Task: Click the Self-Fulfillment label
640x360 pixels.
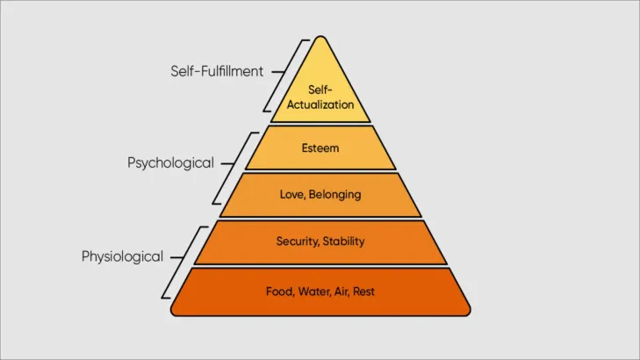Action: point(217,71)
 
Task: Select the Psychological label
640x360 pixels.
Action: point(170,162)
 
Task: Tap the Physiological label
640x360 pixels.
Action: point(122,257)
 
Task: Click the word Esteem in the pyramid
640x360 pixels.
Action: point(320,148)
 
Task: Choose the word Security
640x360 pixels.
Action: point(299,241)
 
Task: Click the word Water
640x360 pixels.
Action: point(313,291)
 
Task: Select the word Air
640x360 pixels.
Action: point(342,291)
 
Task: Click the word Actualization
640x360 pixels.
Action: point(320,104)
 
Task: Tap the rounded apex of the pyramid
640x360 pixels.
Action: point(320,40)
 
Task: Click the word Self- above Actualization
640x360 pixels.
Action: point(320,90)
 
